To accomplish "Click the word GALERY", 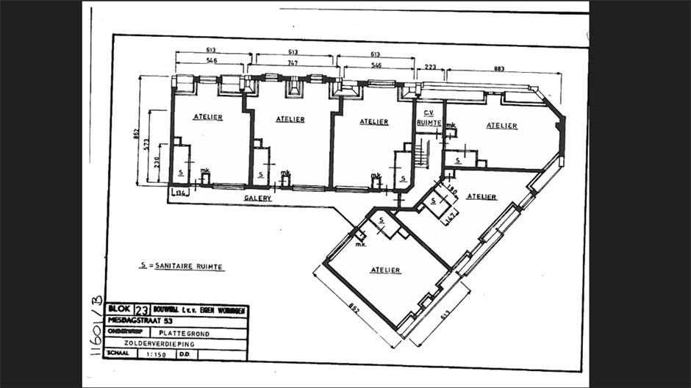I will tap(258, 198).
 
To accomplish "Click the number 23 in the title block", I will tap(142, 310).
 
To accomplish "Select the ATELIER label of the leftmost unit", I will tap(208, 118).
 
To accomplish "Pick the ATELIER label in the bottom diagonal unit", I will tap(385, 270).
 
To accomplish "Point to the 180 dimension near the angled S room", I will tap(452, 193).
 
